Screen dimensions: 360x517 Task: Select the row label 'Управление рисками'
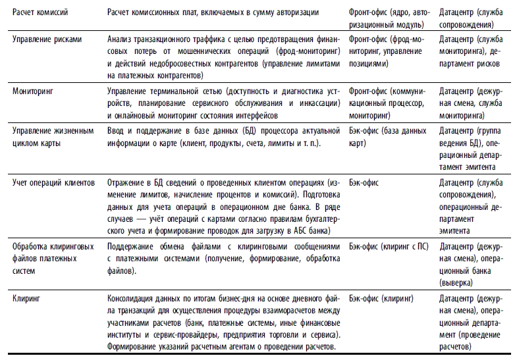click(x=47, y=39)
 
